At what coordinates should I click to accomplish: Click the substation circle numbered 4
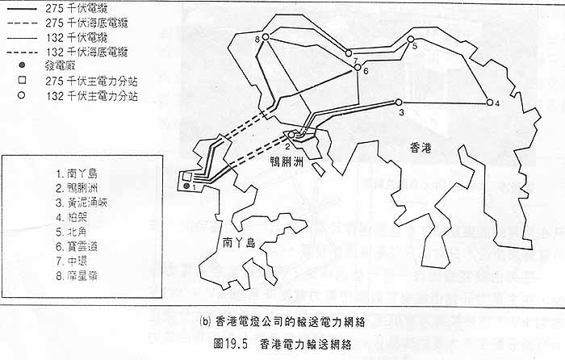pos(489,103)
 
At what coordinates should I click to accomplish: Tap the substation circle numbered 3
pos(398,102)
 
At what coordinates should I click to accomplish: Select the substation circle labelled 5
pos(410,39)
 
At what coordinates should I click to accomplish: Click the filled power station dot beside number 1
pos(186,187)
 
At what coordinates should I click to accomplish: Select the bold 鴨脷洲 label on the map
pos(287,162)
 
